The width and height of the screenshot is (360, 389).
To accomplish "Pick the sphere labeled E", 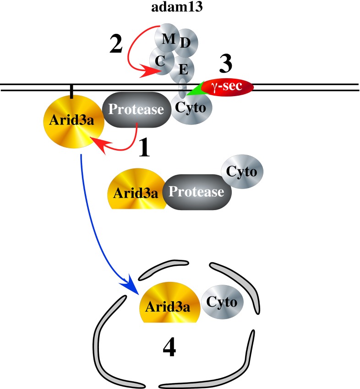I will [x=183, y=70].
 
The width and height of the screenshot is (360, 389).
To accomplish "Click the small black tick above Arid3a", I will [x=71, y=91].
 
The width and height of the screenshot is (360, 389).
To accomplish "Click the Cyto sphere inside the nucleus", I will [x=222, y=302].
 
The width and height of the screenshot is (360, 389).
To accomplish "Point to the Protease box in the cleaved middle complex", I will [x=197, y=192].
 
